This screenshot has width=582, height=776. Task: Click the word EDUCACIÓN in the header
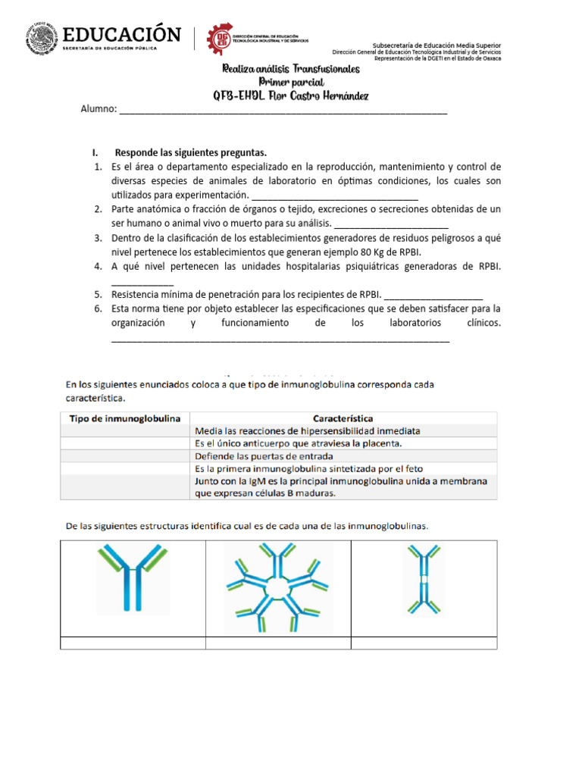[122, 35]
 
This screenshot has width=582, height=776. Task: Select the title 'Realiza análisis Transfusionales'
[291, 69]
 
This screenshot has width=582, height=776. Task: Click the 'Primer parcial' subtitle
[291, 82]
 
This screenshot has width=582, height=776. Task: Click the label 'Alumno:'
[99, 109]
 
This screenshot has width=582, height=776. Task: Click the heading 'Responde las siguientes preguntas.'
[190, 152]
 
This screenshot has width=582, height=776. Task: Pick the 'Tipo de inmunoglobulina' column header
[125, 418]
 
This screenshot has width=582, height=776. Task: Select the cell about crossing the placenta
[298, 443]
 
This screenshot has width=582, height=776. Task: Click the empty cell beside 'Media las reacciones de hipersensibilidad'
[125, 430]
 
